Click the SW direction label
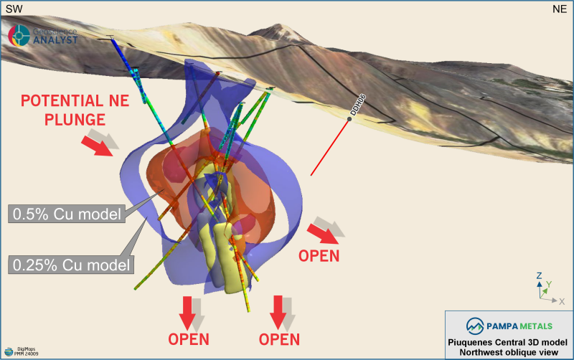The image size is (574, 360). coord(13,9)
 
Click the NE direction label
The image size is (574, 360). coord(560,9)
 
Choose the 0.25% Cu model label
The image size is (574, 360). coord(72,264)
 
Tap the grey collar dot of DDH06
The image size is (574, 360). coord(349,119)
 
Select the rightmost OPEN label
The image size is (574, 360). coord(319,256)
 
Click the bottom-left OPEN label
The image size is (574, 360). coord(189,338)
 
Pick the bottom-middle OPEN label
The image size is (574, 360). coord(278,338)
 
